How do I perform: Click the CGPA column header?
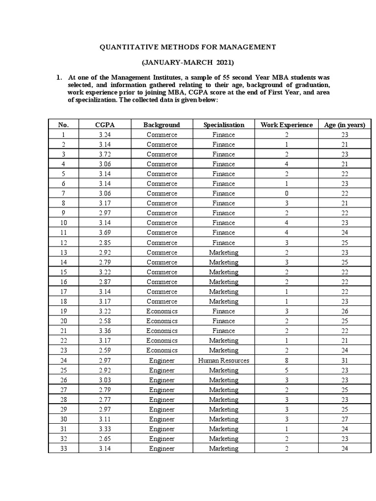[x=105, y=125]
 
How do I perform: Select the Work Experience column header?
[x=286, y=125]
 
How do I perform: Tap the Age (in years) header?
[x=345, y=125]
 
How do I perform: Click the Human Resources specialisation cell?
[x=224, y=361]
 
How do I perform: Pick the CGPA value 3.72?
[x=105, y=154]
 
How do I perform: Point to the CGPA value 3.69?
[x=105, y=233]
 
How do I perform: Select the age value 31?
[x=345, y=361]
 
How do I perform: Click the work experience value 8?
[x=286, y=361]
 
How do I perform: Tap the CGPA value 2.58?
[x=105, y=321]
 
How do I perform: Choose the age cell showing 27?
[x=345, y=419]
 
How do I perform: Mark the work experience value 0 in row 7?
[x=286, y=193]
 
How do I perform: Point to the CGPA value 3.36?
[x=105, y=331]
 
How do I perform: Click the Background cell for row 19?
[x=162, y=311]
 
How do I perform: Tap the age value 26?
[x=345, y=311]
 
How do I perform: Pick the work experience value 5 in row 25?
[x=286, y=370]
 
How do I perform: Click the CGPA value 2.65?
[x=105, y=439]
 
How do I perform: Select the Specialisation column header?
[x=224, y=125]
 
